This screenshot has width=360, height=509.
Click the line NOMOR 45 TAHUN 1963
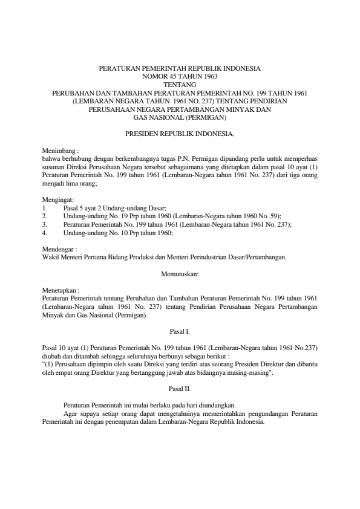pos(180,77)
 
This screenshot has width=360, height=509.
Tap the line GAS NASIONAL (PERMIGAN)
pos(180,117)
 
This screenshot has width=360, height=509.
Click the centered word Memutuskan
pos(180,274)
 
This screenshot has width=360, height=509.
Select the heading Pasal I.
pos(180,331)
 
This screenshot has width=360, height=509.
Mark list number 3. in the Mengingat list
pos(45,224)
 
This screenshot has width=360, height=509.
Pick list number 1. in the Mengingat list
pos(45,207)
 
